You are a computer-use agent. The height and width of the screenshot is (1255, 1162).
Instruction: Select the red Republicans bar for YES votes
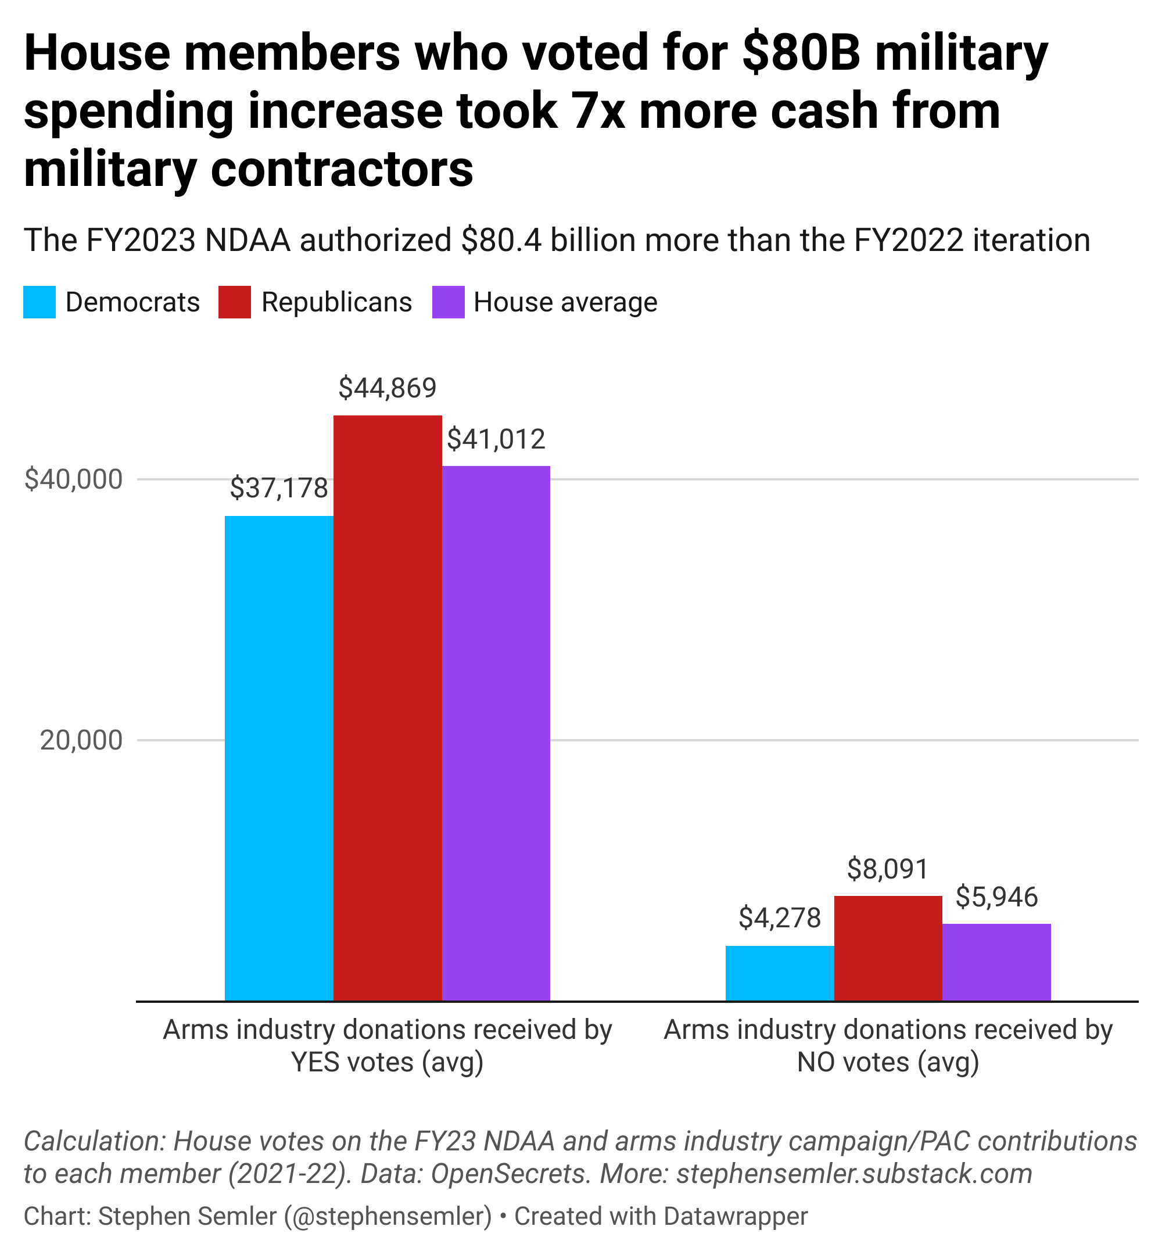(x=388, y=707)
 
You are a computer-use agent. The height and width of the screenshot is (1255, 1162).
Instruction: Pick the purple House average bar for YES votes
(x=496, y=733)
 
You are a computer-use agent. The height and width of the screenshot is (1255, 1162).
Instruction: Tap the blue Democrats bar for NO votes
(x=780, y=972)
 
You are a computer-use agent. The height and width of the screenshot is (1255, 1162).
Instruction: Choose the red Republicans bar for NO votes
(x=888, y=948)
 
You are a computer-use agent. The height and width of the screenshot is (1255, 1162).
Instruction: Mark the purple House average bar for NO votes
(x=996, y=962)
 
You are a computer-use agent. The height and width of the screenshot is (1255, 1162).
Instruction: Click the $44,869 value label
(x=388, y=388)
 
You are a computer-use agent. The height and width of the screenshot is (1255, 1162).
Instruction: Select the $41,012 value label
(x=496, y=439)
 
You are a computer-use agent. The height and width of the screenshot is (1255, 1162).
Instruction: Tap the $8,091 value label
(x=888, y=869)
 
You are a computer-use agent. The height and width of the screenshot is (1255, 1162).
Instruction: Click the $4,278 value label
(x=780, y=918)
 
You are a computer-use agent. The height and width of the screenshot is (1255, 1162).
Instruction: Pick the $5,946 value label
(x=996, y=897)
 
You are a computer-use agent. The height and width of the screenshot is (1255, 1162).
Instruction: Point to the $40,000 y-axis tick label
(x=73, y=479)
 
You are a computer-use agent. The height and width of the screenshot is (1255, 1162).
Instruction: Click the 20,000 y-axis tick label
(x=81, y=740)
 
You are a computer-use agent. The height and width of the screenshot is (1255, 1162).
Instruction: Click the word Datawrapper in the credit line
(x=734, y=1216)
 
